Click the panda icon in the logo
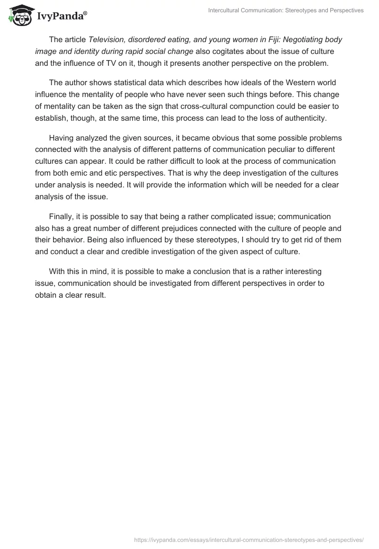[19, 16]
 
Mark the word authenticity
[302, 117]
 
